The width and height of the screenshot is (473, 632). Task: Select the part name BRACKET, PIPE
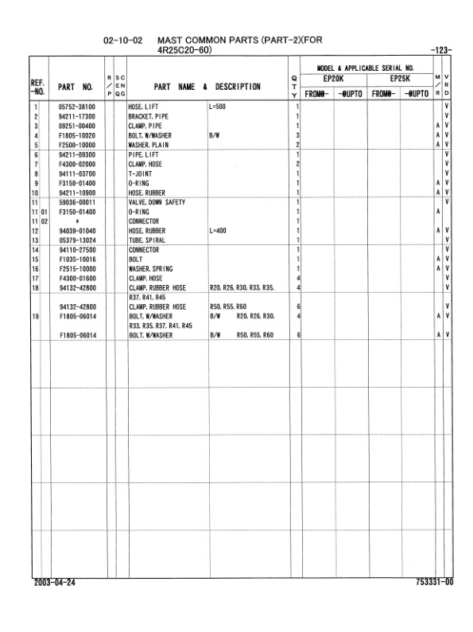coord(148,116)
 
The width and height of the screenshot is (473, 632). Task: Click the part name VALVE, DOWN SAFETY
coord(157,203)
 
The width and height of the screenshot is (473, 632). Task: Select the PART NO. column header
coord(76,86)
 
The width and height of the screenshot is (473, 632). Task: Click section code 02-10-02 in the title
coord(123,40)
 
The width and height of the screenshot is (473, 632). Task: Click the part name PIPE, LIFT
coord(143,154)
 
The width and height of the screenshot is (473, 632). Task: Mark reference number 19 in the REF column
coord(37,318)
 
